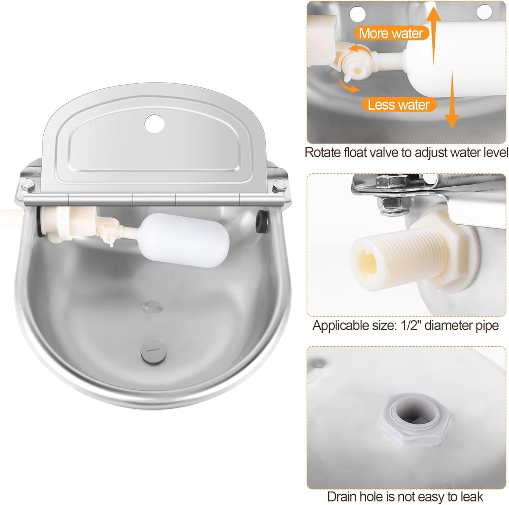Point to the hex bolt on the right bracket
tap(279, 184)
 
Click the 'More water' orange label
tap(391, 33)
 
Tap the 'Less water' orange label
tap(398, 104)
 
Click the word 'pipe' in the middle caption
tap(486, 326)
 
